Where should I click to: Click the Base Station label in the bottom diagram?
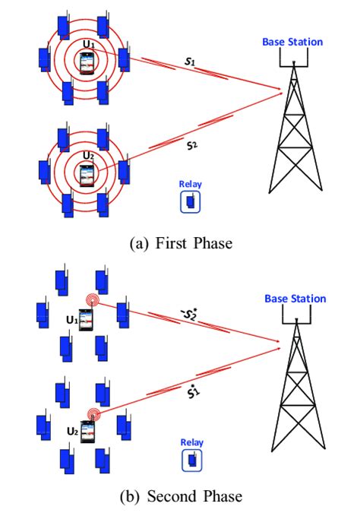click(x=293, y=299)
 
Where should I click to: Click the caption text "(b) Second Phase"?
click(x=180, y=497)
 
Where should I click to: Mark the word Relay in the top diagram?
click(x=190, y=184)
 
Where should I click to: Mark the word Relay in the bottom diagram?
click(x=190, y=442)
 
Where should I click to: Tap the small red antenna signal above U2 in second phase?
click(x=93, y=414)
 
